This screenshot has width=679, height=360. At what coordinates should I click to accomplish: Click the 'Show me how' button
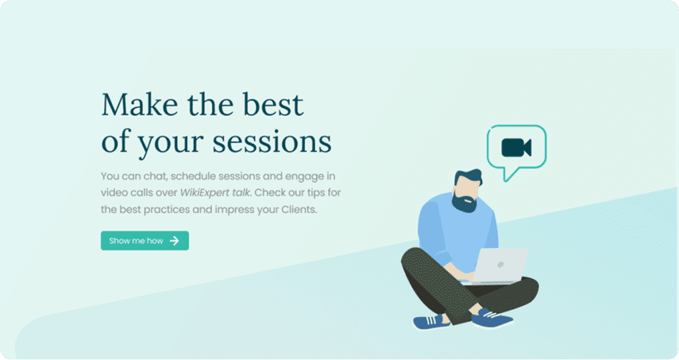pyautogui.click(x=145, y=241)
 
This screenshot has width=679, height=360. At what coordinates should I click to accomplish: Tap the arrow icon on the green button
pyautogui.click(x=174, y=241)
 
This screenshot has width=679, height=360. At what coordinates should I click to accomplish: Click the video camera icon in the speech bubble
pyautogui.click(x=516, y=148)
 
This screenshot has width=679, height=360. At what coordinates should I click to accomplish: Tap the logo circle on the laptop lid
pyautogui.click(x=500, y=265)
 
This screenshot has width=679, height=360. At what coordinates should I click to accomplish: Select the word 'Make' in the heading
pyautogui.click(x=139, y=104)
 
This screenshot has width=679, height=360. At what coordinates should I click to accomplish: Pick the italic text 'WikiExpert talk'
pyautogui.click(x=216, y=192)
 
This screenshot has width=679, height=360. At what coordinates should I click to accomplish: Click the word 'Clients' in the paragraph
pyautogui.click(x=298, y=210)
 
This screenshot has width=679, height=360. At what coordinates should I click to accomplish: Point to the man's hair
pyautogui.click(x=468, y=177)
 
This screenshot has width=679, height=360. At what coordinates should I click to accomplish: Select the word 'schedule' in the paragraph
pyautogui.click(x=194, y=176)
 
